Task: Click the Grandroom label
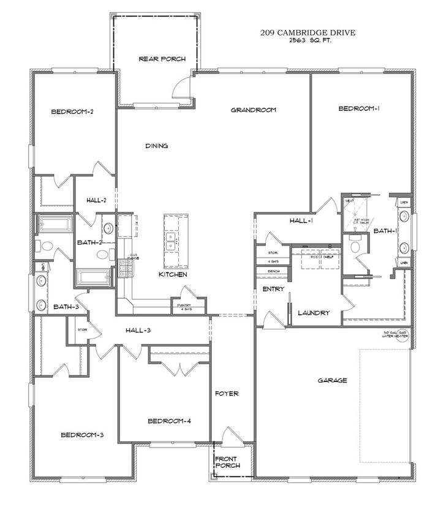tap(254, 110)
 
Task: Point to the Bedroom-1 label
tap(359, 109)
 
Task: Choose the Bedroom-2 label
tap(72, 111)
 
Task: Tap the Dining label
tap(157, 146)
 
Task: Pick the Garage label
tap(333, 380)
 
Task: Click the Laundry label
tap(314, 313)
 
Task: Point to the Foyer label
tap(226, 394)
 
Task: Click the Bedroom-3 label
tap(81, 435)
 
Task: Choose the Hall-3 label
tap(142, 331)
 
